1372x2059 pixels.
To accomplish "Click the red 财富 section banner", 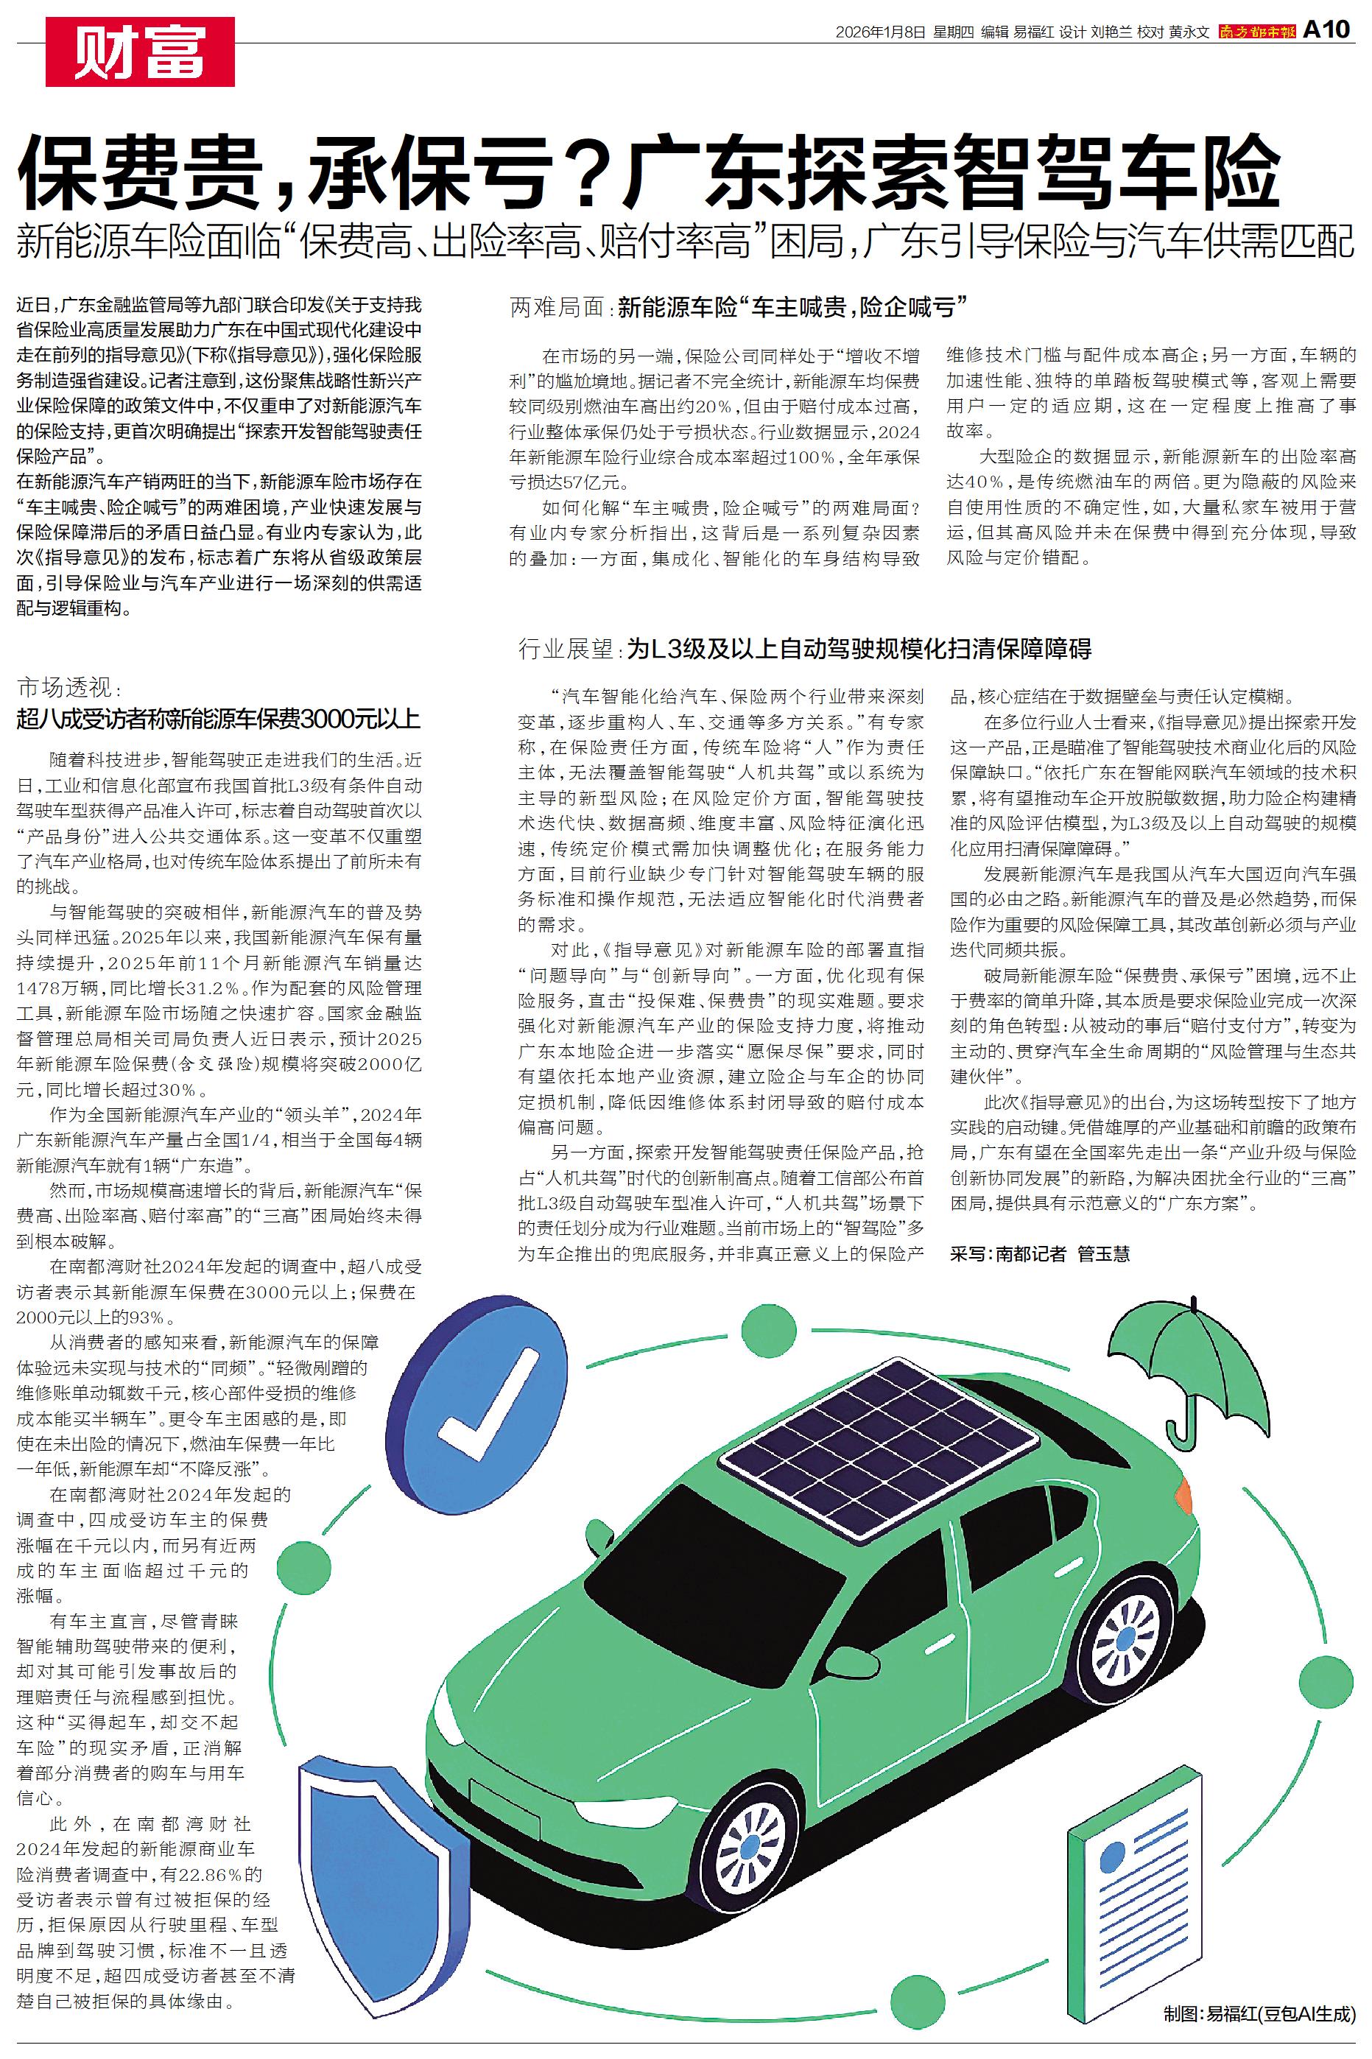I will pos(140,52).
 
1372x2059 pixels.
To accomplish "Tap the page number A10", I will pos(1326,31).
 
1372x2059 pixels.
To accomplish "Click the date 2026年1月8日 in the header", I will pos(880,32).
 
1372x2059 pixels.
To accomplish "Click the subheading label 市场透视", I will pos(65,686).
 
